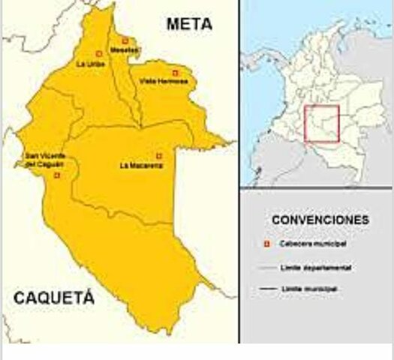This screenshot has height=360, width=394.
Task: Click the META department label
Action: (x=189, y=24)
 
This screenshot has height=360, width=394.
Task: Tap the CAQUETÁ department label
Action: (x=53, y=299)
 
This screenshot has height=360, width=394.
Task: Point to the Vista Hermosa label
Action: (x=169, y=81)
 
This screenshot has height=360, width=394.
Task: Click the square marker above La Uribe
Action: (x=99, y=53)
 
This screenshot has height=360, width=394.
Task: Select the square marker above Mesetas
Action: (x=125, y=40)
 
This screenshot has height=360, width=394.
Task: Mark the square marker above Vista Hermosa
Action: (x=176, y=73)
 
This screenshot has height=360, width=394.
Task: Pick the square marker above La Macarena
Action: (x=158, y=155)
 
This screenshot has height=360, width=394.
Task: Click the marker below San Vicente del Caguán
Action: (x=57, y=175)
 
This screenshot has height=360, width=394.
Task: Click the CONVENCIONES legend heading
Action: (x=320, y=220)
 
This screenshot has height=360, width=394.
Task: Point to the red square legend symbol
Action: (x=265, y=244)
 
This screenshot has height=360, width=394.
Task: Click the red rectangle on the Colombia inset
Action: (x=322, y=124)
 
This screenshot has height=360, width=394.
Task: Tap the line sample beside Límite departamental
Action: (x=265, y=266)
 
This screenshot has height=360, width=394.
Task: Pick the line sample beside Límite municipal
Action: (x=265, y=288)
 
